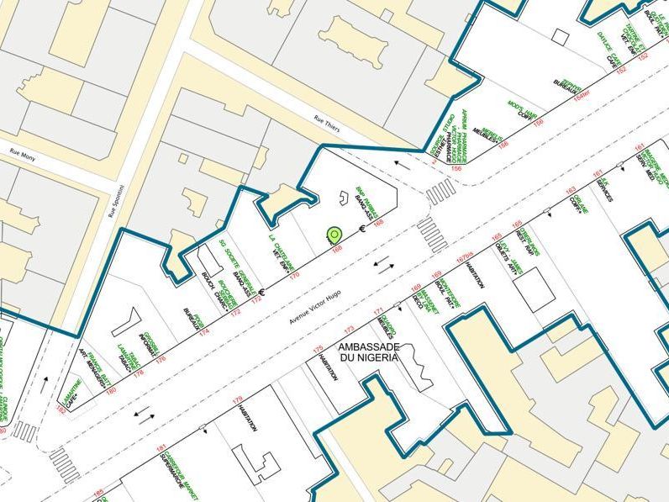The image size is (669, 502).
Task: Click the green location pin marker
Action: point(335,235)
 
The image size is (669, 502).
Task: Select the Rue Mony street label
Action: point(26,153)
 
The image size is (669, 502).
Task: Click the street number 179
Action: point(237,399)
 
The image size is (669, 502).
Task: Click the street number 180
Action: point(110,390)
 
